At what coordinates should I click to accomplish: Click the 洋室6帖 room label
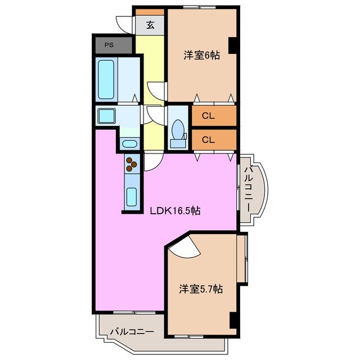point(201,55)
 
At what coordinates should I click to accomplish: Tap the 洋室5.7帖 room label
point(201,289)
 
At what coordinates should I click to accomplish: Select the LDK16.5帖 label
point(175,211)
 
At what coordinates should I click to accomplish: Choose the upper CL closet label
point(208,116)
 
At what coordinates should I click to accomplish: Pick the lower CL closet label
point(208,139)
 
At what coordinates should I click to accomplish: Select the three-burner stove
point(132,164)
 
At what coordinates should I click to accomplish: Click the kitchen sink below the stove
point(132,197)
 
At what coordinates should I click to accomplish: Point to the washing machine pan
point(106,116)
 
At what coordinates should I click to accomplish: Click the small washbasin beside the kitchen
point(129,143)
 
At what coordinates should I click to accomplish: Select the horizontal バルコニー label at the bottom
point(132,331)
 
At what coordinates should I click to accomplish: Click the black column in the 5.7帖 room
point(232,319)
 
